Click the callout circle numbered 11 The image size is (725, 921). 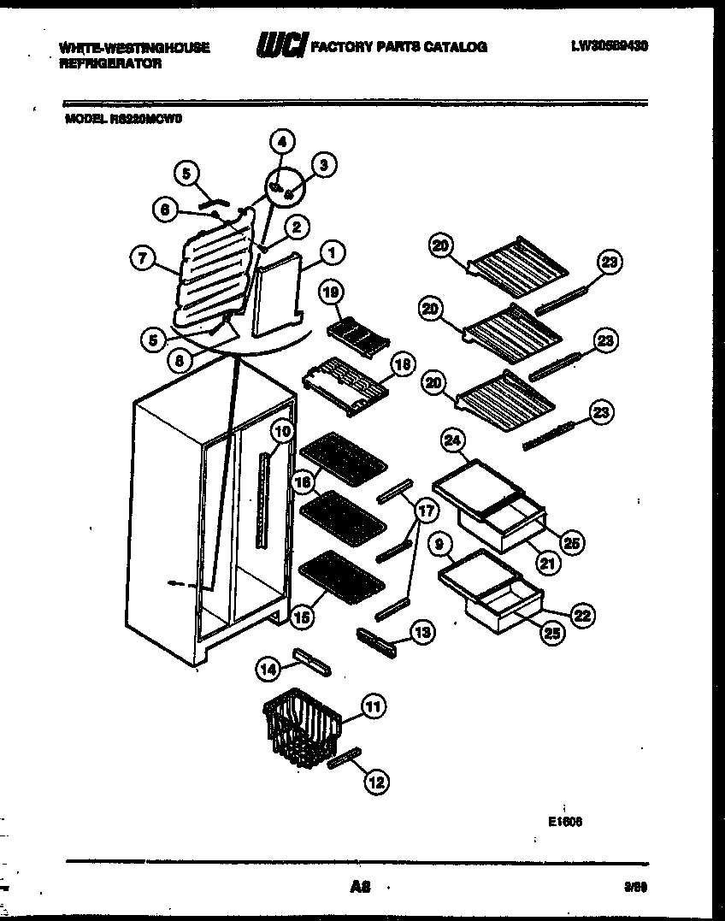pyautogui.click(x=373, y=706)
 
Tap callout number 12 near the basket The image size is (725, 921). pyautogui.click(x=377, y=780)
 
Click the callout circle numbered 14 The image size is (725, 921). pyautogui.click(x=269, y=670)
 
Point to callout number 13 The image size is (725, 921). pyautogui.click(x=421, y=632)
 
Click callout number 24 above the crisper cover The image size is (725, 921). pyautogui.click(x=452, y=441)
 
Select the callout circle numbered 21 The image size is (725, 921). pyautogui.click(x=543, y=564)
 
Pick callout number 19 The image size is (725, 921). pyautogui.click(x=331, y=292)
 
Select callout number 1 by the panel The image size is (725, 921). pyautogui.click(x=333, y=251)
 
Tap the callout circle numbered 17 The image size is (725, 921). pyautogui.click(x=424, y=511)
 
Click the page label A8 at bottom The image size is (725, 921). pyautogui.click(x=360, y=889)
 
